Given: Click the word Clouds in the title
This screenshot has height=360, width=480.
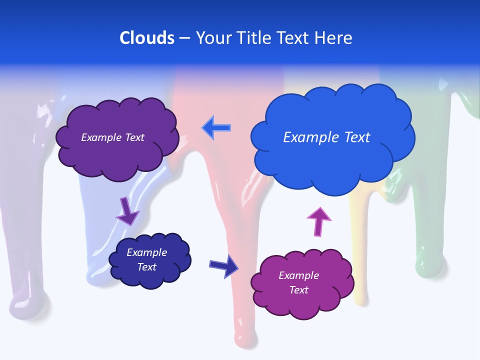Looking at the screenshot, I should [147, 38].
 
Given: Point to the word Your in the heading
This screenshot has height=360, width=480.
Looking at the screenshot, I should [211, 38].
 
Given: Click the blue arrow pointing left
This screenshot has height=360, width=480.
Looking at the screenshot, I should [216, 128].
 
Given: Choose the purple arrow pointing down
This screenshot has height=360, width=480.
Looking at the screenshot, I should [127, 211].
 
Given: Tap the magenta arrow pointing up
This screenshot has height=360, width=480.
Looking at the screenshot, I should [318, 221].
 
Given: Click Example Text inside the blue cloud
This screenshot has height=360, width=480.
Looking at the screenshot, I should [326, 137].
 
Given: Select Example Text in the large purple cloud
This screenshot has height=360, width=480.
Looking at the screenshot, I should [112, 137].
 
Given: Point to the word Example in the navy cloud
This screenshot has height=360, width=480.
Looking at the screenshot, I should [147, 252].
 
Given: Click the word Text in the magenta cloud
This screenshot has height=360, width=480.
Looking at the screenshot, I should [299, 290].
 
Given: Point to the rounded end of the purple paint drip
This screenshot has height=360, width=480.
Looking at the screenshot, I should [29, 305].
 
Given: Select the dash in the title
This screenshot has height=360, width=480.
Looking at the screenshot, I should [184, 38].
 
